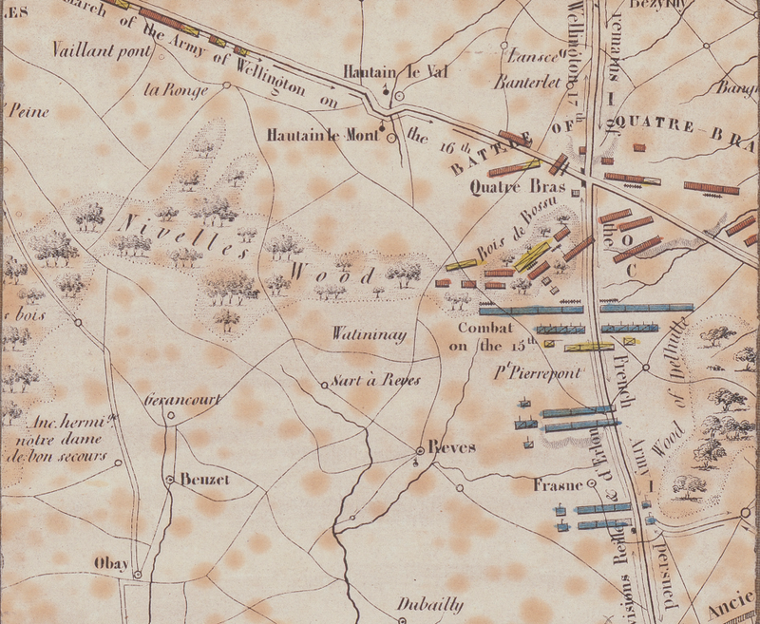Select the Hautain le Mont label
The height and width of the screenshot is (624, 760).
click(324, 135)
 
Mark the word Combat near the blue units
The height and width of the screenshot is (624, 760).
click(487, 329)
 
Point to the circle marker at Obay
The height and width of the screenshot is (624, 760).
click(138, 574)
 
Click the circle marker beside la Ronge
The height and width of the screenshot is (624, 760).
click(227, 85)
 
